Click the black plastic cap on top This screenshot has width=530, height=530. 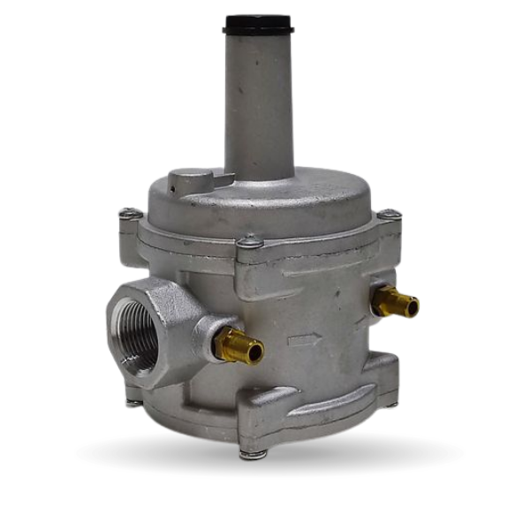258,23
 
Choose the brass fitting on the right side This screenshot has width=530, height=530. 395,303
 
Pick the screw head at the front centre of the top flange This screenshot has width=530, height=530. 251,240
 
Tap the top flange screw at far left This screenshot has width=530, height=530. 130,213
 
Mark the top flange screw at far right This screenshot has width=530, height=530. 389,214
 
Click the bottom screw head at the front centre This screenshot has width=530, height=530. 254,454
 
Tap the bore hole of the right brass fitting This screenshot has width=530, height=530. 411,307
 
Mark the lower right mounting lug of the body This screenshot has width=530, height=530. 382,371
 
